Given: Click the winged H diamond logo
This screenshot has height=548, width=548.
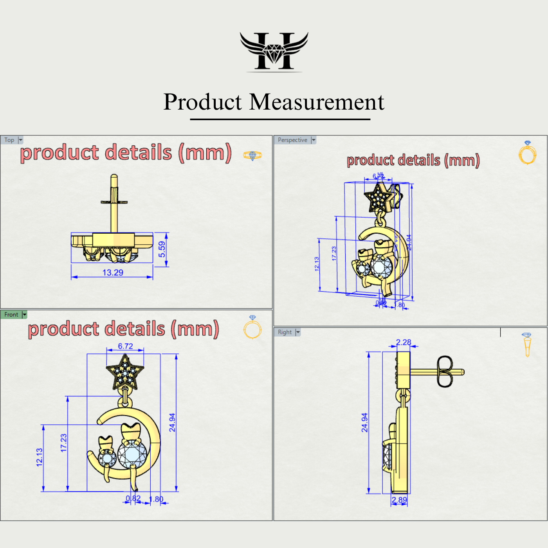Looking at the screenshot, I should coord(274,52).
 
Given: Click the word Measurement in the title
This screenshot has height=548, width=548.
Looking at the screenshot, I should coord(317,102).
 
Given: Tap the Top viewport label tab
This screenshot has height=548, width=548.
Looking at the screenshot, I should coord(9,140).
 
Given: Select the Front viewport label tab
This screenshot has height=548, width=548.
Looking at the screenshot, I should coord(11,315).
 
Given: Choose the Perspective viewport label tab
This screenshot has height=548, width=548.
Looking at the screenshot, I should coord(292,140).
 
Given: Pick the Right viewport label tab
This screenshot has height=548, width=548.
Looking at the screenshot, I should coord(285,332).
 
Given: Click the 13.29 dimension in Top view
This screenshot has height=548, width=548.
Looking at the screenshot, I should coord(113,272).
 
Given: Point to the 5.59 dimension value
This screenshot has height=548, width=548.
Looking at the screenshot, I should coord(162,249).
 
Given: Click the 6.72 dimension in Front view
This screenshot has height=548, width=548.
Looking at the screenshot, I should coord(125,346).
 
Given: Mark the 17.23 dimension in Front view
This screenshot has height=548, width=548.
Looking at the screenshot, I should coord(64,443).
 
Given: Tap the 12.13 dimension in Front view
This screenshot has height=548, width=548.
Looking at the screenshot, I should coord(40,457).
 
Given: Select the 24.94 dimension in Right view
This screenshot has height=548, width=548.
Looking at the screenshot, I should coord(364,423).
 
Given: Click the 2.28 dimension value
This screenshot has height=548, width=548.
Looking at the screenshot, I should coord(404,342).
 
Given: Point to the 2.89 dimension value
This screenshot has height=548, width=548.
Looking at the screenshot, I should coord(399,500).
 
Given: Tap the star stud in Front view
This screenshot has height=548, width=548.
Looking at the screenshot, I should coord(125,372).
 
